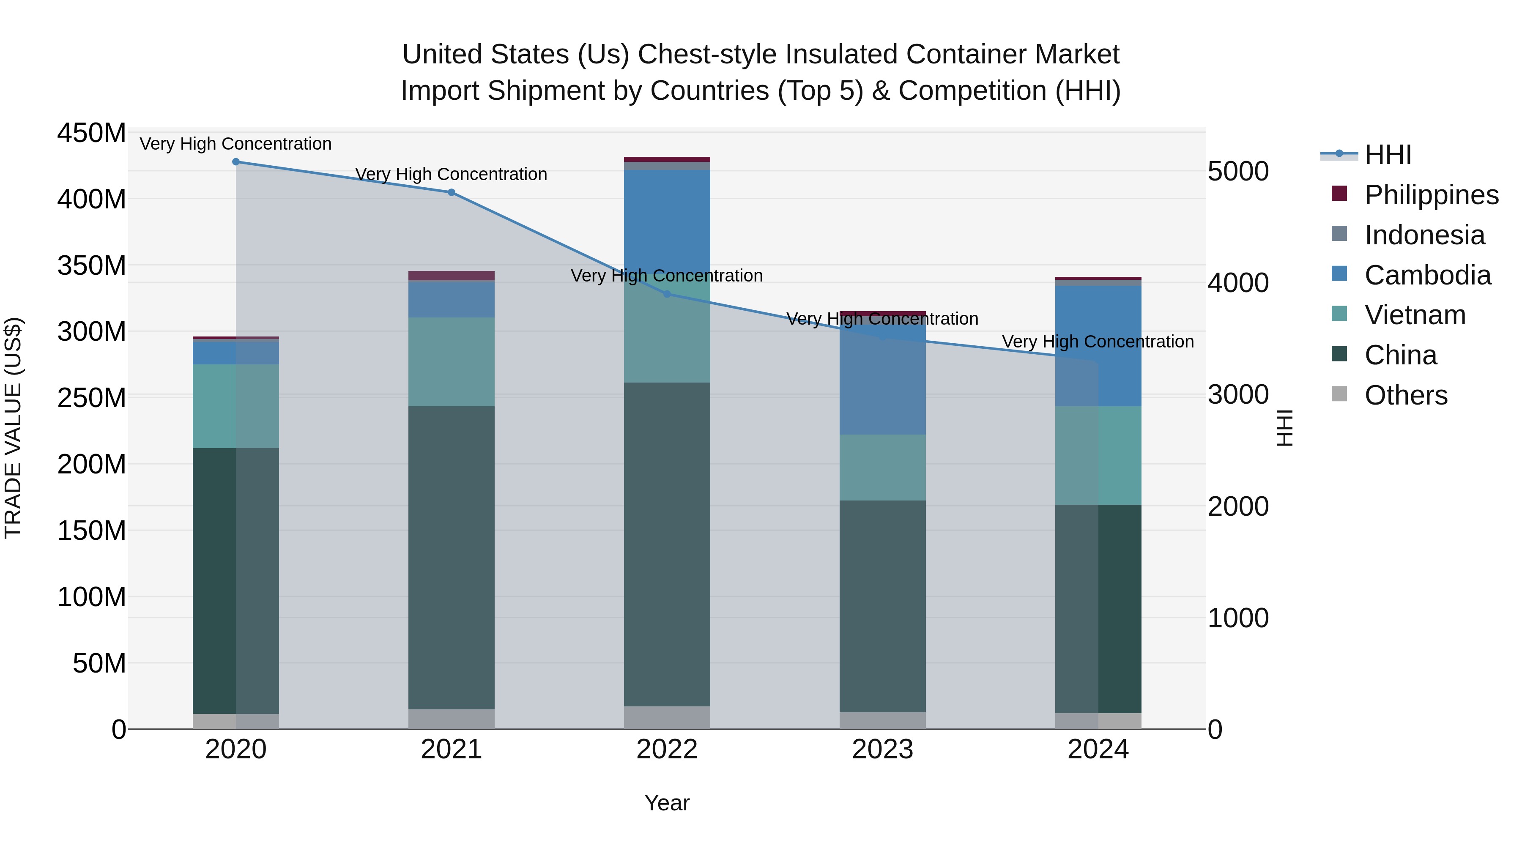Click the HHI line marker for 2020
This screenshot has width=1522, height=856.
236,161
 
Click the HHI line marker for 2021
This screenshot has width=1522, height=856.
452,192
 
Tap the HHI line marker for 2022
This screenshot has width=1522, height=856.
667,294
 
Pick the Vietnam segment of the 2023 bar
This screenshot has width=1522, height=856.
883,467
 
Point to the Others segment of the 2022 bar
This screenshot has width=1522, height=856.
667,717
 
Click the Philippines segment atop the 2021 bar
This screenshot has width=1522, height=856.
452,275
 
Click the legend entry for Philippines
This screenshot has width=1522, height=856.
1431,195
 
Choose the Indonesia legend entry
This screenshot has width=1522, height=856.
1424,235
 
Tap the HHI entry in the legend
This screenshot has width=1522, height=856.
1387,155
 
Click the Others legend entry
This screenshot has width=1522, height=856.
1406,395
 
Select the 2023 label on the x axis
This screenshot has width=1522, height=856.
883,749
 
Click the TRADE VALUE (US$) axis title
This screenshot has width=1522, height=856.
13,428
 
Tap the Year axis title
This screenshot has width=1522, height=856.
667,803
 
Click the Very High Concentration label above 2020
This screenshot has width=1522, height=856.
236,144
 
